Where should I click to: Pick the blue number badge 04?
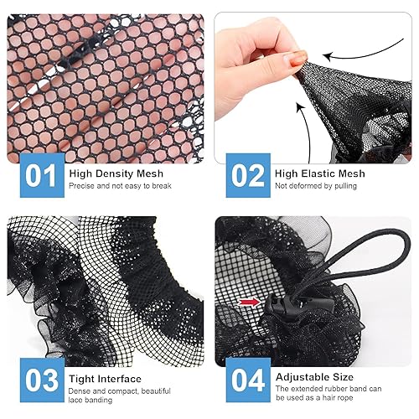(x=247, y=380)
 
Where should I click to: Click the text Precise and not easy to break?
(x=120, y=186)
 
